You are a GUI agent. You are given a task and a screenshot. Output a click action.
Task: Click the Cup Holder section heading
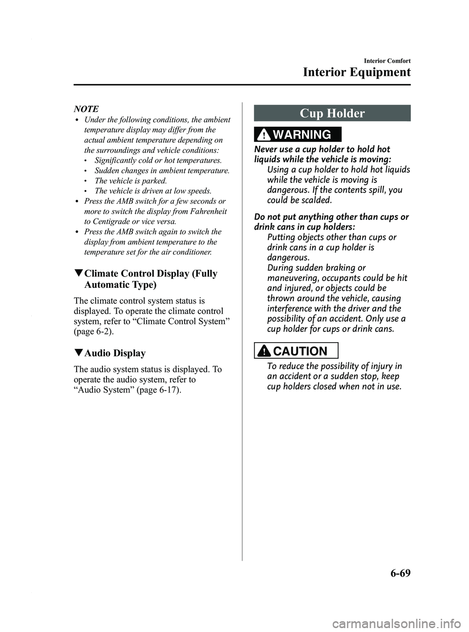click(332, 113)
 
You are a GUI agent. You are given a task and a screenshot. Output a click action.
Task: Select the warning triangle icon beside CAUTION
click(269, 351)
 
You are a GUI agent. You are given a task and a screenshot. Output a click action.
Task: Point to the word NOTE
click(86, 109)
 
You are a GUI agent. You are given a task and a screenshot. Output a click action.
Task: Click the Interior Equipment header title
click(357, 73)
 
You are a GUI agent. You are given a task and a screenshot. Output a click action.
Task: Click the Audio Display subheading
click(116, 353)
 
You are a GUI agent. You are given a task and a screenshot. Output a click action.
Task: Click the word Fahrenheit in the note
click(207, 212)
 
